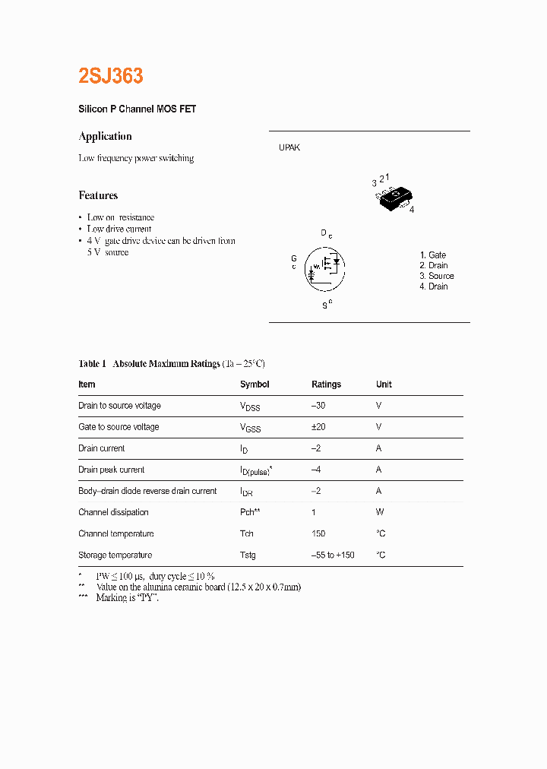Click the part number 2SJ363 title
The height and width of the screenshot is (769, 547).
111,76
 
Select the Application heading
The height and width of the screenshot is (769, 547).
106,136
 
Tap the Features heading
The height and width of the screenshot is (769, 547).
98,195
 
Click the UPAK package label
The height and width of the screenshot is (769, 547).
289,147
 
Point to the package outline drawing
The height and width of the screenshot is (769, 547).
394,198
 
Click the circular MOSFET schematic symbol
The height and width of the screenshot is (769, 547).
324,268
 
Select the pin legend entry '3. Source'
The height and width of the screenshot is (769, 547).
437,276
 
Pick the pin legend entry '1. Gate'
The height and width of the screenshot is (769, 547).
433,255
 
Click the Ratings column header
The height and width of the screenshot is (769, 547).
326,384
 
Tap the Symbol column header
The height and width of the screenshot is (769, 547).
255,384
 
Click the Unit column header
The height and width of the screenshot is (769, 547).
384,384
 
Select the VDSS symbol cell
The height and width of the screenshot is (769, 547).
250,407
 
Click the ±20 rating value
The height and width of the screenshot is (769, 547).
318,427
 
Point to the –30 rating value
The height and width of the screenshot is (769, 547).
318,406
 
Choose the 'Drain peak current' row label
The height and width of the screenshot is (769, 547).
112,470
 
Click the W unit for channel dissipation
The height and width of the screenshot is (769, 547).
380,512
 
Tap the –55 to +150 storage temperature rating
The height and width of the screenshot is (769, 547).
333,555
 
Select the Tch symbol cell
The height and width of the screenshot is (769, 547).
247,533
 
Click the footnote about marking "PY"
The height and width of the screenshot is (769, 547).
127,598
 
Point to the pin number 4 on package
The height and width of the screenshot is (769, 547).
411,210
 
